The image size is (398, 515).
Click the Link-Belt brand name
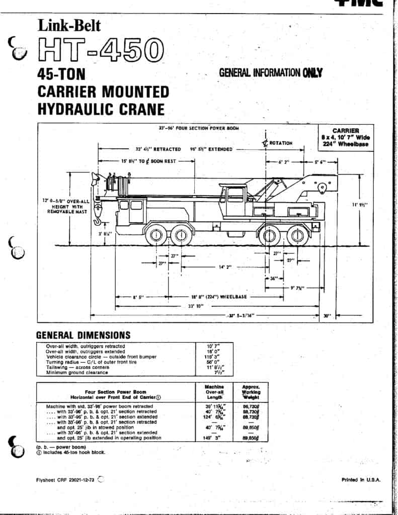(x=69, y=25)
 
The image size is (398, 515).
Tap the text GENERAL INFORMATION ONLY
(x=270, y=72)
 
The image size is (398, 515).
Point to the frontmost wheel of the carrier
(x=156, y=235)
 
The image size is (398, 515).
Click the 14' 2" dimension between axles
(x=225, y=267)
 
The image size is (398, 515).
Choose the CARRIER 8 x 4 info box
(x=345, y=137)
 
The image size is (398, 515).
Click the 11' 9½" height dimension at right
(x=360, y=204)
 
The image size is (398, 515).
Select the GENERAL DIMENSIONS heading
(x=83, y=335)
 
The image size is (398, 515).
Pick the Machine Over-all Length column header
(x=214, y=392)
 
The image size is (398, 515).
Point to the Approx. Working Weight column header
(x=250, y=392)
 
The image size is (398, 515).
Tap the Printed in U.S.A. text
(x=361, y=480)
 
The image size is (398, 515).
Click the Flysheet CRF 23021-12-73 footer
(x=65, y=480)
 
